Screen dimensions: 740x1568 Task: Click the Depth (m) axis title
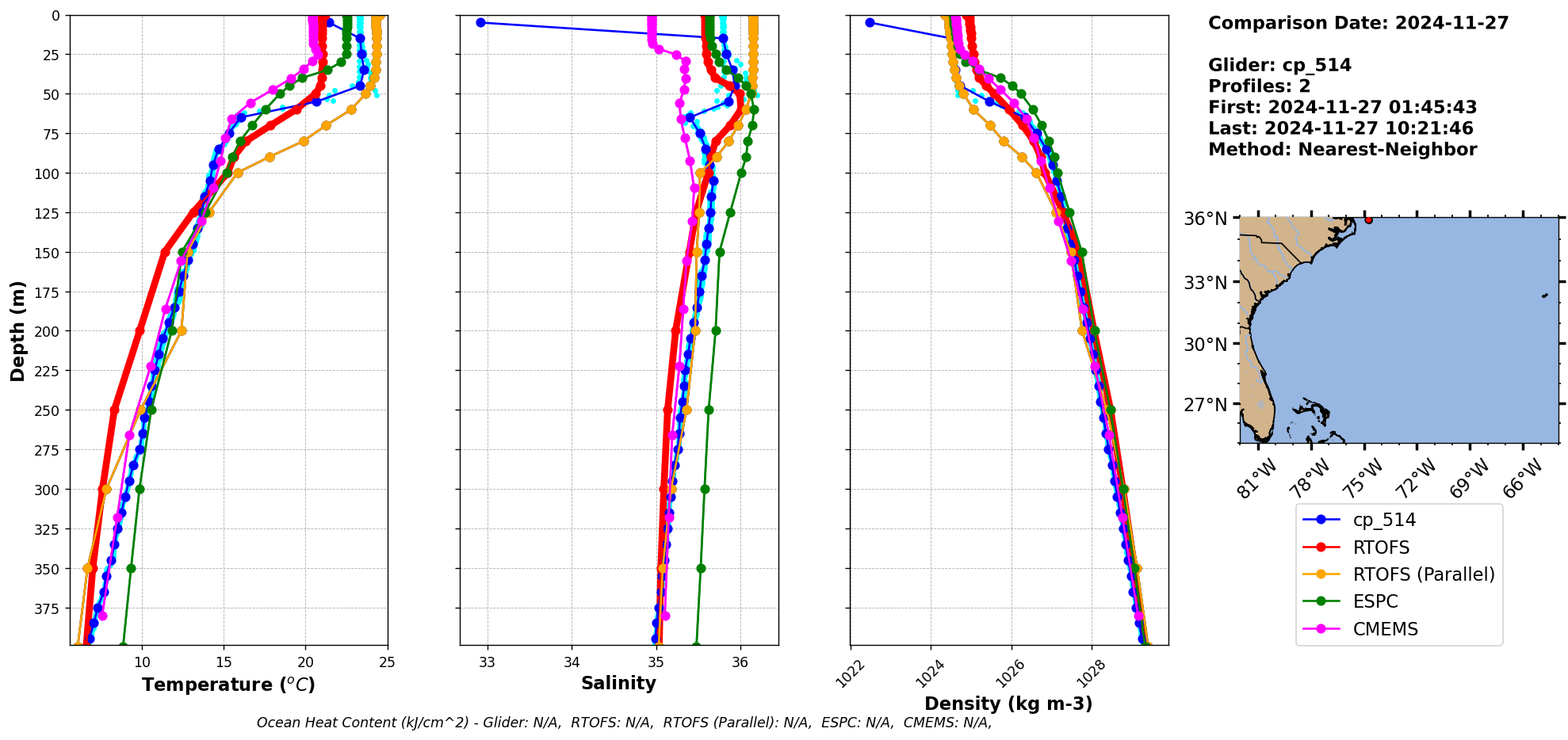17,330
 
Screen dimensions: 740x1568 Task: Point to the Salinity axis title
618,684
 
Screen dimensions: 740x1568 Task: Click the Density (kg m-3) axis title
1008,704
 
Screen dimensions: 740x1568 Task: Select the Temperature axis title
228,685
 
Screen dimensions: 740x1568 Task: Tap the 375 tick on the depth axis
49,608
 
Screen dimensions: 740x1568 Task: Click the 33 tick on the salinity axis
488,662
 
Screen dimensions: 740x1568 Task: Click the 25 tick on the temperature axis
387,662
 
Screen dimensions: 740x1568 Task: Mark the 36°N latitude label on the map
1205,219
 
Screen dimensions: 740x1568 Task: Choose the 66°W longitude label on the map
1523,478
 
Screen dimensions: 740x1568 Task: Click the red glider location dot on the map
1369,219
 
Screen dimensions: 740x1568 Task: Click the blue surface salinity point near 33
480,22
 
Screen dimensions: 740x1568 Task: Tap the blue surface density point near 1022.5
870,22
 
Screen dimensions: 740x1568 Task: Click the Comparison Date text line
1358,23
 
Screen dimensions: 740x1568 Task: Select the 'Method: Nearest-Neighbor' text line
1342,150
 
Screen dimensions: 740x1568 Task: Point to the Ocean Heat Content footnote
624,723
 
